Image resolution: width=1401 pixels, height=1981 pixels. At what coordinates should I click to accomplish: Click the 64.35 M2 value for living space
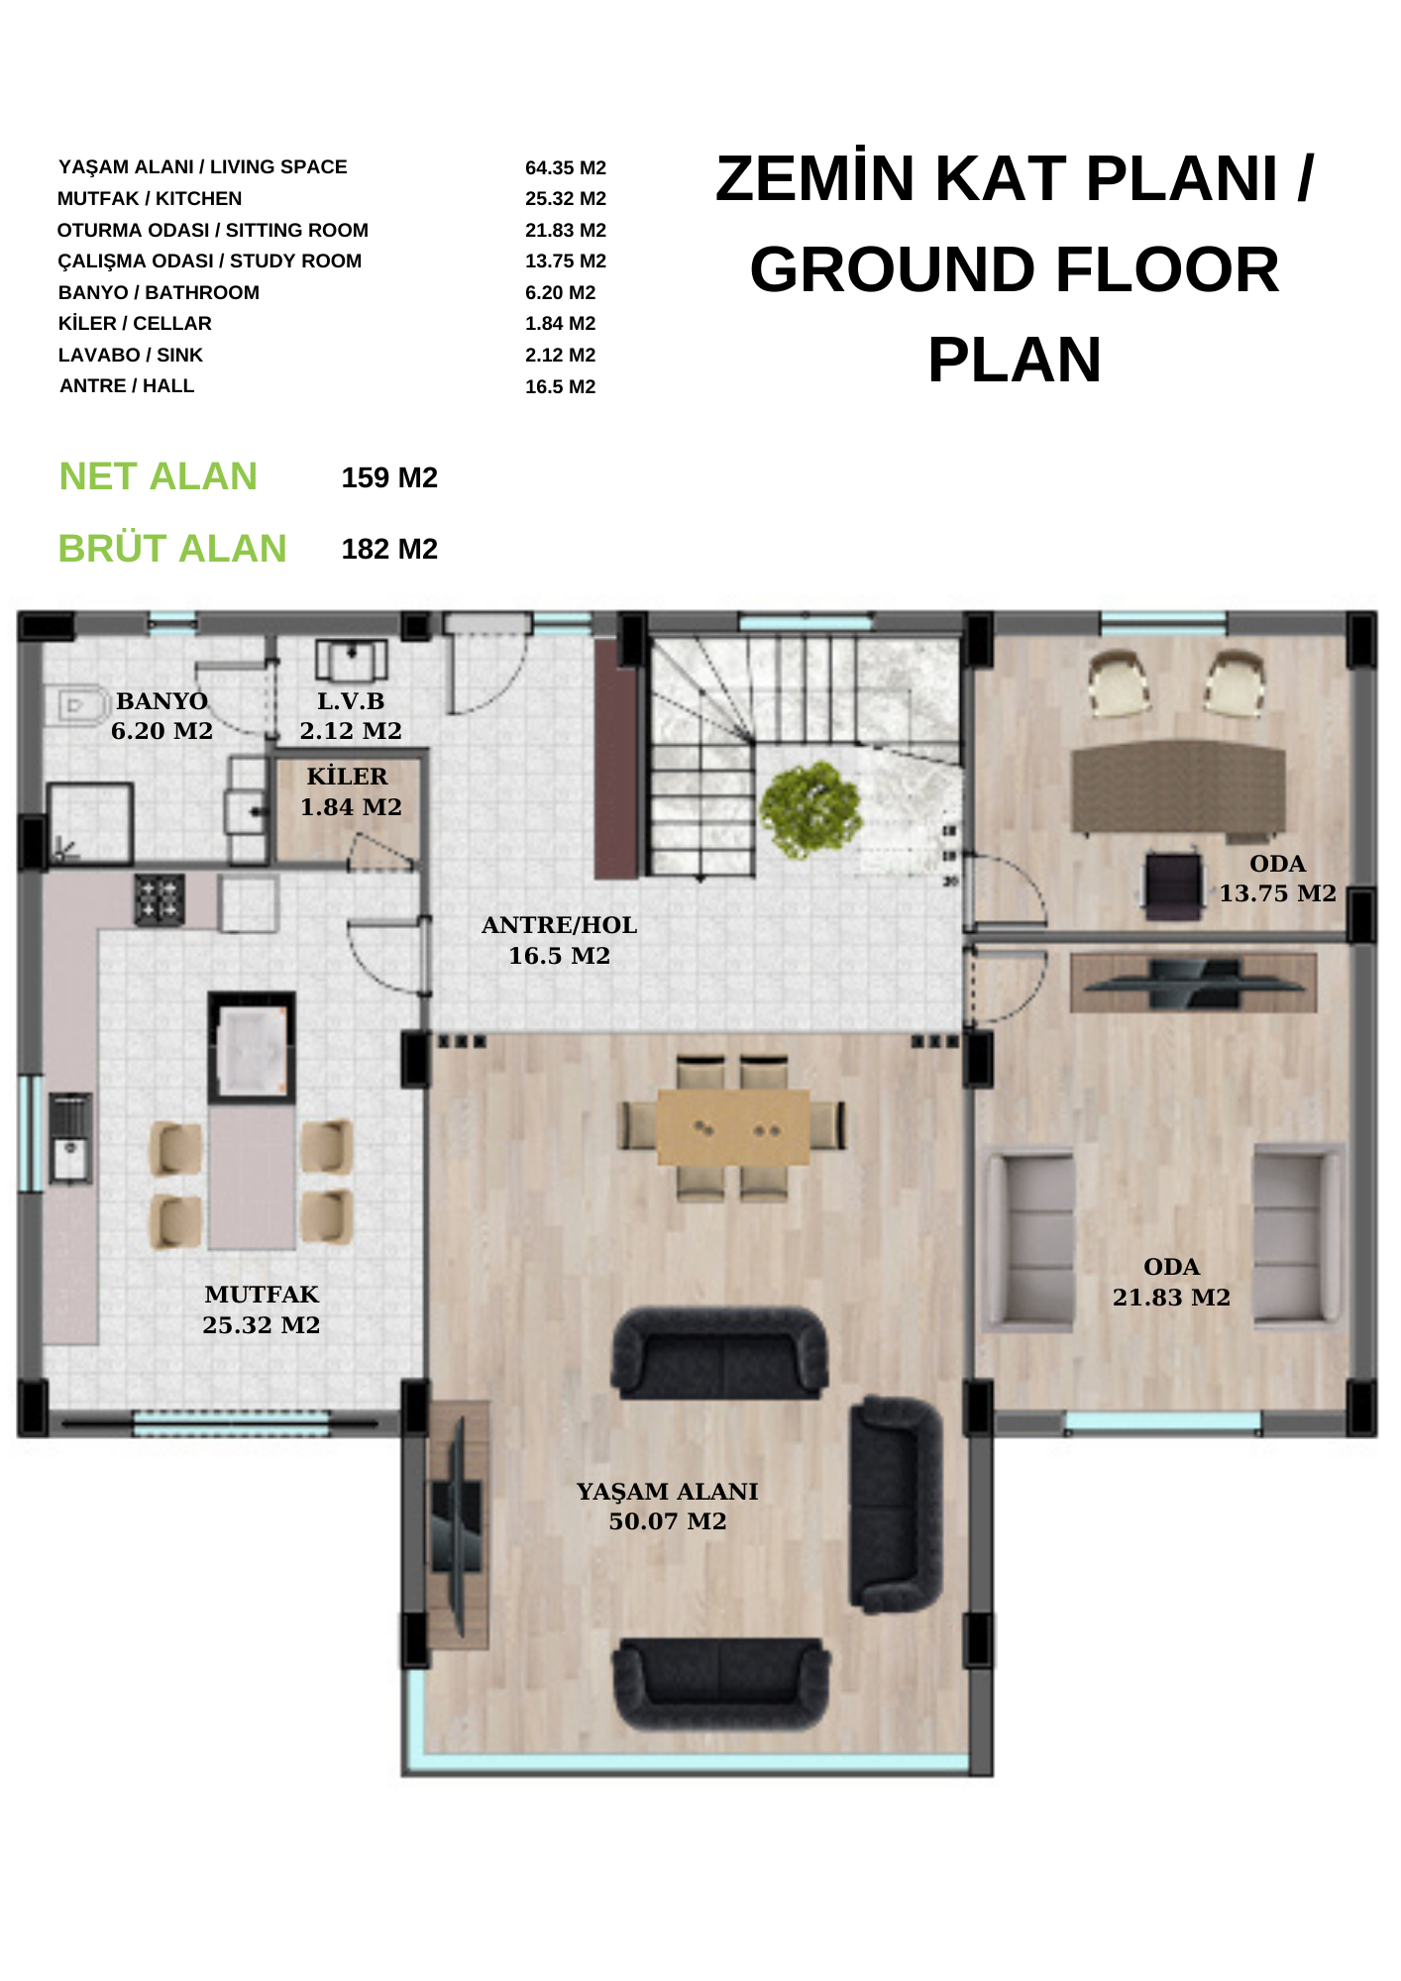click(565, 168)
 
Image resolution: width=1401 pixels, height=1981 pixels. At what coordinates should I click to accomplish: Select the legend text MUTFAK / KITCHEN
click(150, 199)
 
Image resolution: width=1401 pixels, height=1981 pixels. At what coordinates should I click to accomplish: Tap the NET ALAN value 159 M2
click(389, 478)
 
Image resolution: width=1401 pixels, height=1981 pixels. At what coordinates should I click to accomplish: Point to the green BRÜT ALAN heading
click(172, 548)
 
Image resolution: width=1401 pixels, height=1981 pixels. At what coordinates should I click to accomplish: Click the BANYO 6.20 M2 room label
click(162, 716)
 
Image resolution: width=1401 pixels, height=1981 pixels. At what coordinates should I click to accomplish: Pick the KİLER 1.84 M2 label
click(351, 791)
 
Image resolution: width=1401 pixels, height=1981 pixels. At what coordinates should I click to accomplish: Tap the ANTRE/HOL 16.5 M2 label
click(559, 940)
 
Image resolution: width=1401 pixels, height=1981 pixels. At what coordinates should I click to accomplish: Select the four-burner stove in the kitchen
click(160, 898)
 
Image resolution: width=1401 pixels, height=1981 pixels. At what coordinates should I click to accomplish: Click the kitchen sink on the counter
click(69, 1138)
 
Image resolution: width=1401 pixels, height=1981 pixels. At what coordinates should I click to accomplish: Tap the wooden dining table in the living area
click(733, 1127)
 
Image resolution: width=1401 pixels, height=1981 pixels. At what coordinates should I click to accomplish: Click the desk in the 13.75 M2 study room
click(1178, 787)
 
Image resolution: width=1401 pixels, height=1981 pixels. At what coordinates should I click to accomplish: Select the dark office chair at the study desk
click(1172, 885)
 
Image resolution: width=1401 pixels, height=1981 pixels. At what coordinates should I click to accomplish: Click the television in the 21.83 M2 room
click(1194, 984)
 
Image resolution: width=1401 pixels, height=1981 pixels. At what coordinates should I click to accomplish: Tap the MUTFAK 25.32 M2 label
click(262, 1309)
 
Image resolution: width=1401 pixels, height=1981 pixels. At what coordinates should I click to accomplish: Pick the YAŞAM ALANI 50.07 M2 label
click(667, 1506)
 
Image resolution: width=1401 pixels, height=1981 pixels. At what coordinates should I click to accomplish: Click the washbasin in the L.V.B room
click(351, 660)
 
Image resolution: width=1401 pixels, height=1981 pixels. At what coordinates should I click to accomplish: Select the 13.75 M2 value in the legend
click(565, 261)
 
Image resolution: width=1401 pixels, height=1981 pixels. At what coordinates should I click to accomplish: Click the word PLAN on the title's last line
click(1014, 360)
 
